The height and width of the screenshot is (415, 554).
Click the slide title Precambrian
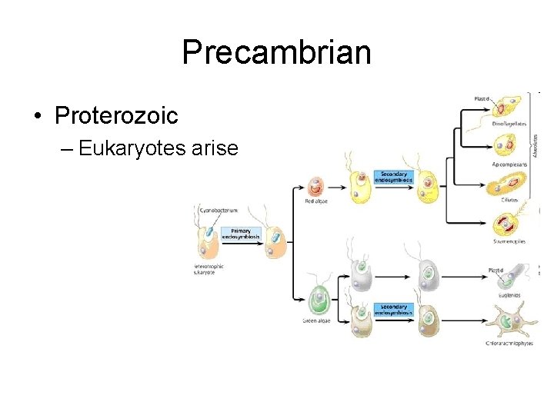276,53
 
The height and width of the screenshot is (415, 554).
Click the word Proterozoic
116,116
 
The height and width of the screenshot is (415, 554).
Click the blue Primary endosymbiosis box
241,234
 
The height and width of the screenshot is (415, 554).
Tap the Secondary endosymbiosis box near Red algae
394,177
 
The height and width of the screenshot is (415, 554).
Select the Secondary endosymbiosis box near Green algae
394,309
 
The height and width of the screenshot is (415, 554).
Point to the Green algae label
316,320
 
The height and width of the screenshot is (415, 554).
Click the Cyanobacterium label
219,209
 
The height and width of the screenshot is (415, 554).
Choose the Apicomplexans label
509,164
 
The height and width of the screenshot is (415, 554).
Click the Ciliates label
509,200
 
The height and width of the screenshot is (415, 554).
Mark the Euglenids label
509,293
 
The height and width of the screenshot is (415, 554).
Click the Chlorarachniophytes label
509,343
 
